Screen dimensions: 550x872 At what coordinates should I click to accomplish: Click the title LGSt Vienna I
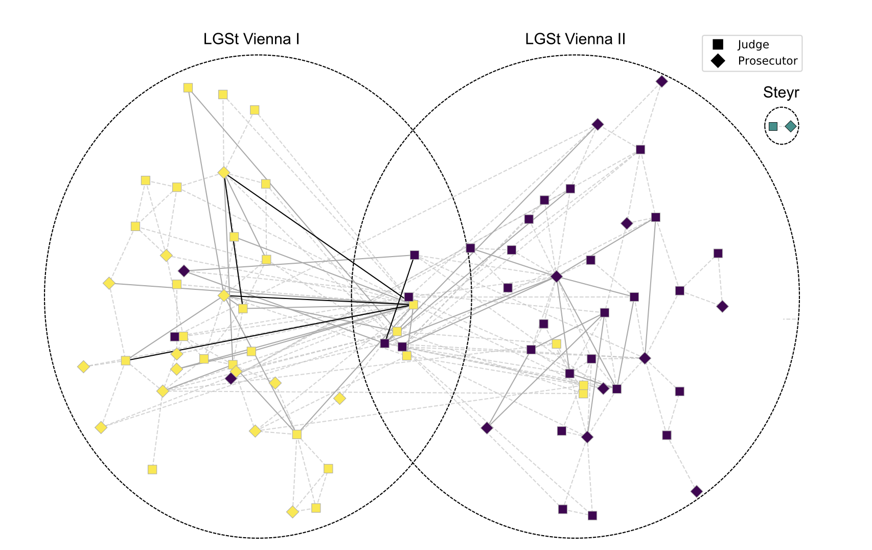(x=251, y=39)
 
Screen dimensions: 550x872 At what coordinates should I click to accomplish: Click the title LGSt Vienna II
(x=575, y=39)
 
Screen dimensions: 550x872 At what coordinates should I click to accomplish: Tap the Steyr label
(x=781, y=93)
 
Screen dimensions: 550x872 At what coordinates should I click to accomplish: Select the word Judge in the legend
(x=753, y=45)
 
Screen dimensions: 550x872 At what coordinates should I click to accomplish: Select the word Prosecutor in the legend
(x=767, y=61)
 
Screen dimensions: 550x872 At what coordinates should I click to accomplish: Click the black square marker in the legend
(x=718, y=45)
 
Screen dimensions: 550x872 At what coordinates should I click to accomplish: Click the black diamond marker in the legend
(x=718, y=61)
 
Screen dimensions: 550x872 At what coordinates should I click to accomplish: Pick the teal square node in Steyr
(x=773, y=126)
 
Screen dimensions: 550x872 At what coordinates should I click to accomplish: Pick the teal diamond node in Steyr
(x=791, y=126)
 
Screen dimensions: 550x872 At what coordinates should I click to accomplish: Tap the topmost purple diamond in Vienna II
(x=662, y=81)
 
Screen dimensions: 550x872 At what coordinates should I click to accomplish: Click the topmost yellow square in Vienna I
(x=188, y=88)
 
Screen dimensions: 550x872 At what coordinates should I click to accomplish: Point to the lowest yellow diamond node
(x=292, y=512)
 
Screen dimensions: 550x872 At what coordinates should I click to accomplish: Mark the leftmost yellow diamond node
(x=83, y=366)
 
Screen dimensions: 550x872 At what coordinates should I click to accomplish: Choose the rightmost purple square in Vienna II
(x=718, y=254)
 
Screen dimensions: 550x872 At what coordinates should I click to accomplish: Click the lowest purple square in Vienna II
(x=592, y=515)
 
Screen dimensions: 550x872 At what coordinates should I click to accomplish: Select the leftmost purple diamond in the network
(x=184, y=271)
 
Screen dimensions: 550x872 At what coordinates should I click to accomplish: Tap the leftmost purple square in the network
(x=175, y=336)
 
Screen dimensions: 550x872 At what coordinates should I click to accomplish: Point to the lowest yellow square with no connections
(x=152, y=469)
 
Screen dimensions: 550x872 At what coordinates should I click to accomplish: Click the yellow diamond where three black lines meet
(x=224, y=173)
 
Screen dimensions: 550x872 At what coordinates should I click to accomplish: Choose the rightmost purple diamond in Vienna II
(x=722, y=307)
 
